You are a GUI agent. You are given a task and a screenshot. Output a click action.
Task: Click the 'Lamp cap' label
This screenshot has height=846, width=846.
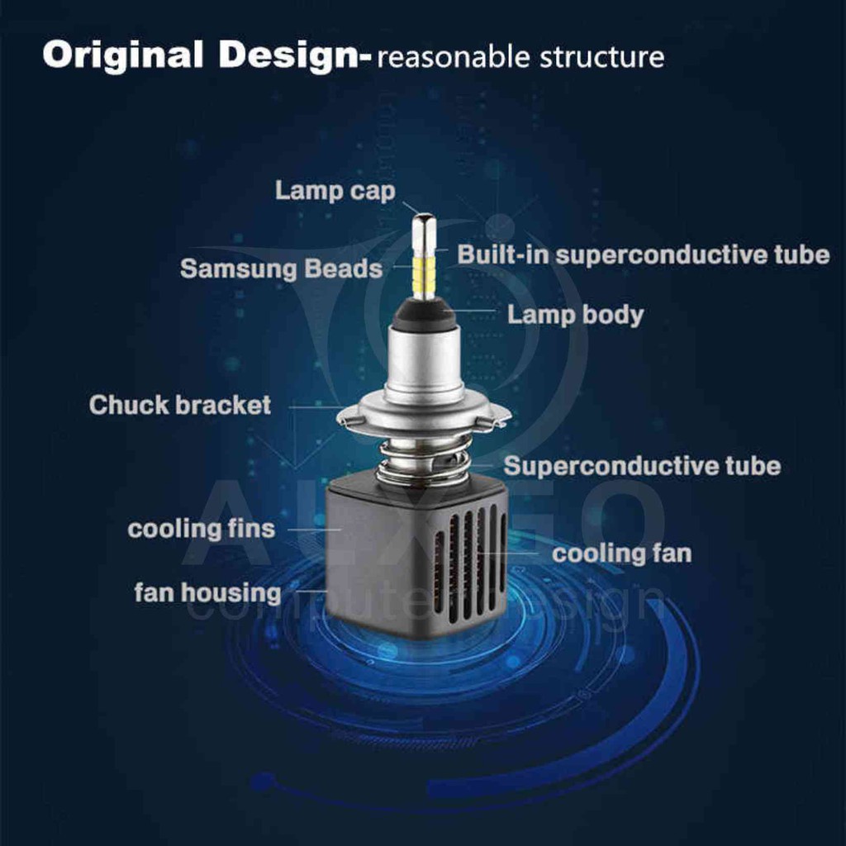(335, 191)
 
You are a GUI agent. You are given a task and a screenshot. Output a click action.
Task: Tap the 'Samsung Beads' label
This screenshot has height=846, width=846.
(281, 269)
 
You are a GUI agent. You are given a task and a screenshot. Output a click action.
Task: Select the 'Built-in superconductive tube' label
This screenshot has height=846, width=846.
(643, 254)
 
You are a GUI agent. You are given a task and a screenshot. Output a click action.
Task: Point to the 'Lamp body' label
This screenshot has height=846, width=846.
(575, 315)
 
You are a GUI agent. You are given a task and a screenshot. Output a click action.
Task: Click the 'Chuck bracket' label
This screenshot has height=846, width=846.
(180, 406)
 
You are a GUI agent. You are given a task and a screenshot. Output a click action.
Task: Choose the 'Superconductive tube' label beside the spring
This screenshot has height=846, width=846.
(642, 466)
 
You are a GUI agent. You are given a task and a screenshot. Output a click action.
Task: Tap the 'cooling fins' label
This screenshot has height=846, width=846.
(201, 529)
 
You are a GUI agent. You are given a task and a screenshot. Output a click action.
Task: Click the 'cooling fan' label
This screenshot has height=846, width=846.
(621, 554)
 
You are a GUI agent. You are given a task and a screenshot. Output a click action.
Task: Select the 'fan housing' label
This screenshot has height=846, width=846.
(207, 592)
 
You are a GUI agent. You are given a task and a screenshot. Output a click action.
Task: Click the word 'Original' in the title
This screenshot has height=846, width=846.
(122, 55)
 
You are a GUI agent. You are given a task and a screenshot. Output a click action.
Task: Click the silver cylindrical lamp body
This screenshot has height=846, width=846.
(424, 364)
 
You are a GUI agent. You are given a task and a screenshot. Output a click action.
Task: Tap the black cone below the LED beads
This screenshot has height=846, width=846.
(424, 314)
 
